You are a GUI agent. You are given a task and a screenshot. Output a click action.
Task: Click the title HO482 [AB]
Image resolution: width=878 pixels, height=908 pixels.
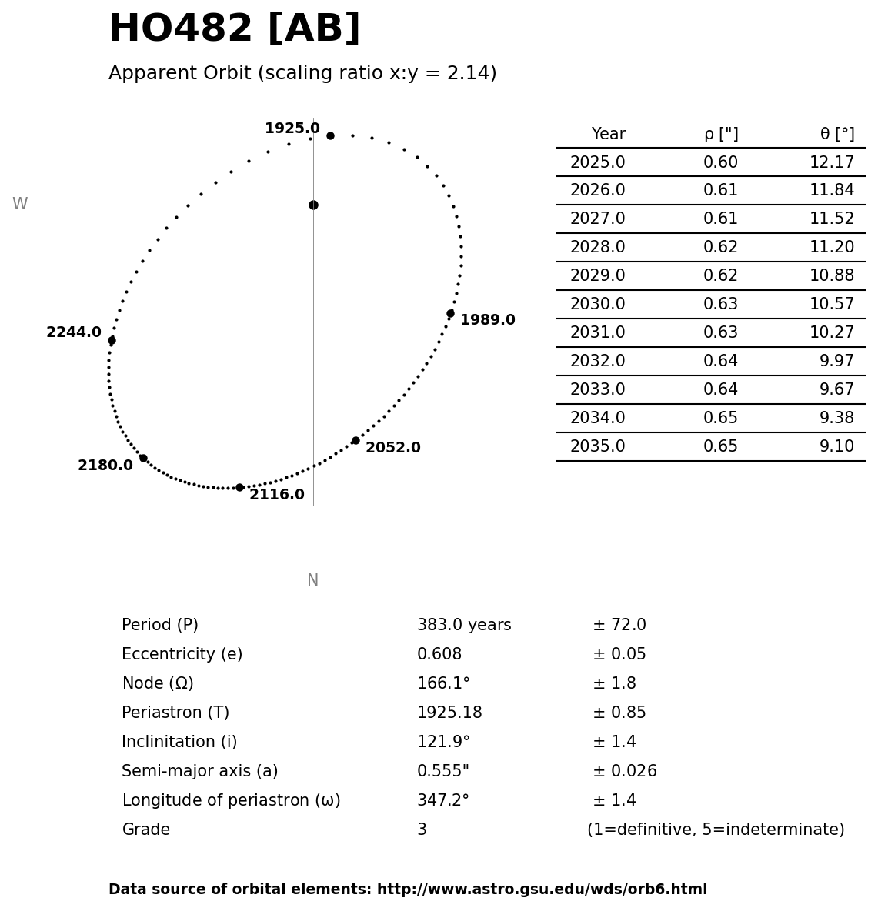pos(235,30)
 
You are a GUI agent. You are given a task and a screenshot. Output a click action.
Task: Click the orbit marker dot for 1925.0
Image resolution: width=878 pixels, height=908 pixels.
pos(330,135)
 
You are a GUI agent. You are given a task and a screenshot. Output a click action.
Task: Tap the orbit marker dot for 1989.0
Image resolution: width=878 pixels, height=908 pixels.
pos(450,313)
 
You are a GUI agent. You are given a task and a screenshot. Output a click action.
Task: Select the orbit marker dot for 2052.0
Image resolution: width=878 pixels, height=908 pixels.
pos(356,441)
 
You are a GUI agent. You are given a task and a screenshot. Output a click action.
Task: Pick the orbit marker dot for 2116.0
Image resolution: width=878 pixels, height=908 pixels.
pos(239,487)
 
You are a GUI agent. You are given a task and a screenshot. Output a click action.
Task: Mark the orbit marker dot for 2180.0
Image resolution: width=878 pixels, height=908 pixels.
pos(143,458)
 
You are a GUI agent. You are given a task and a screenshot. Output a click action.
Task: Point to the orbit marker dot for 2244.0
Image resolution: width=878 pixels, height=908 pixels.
pos(112,340)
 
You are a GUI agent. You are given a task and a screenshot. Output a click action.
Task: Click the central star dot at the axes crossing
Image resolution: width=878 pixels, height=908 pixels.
pos(313,205)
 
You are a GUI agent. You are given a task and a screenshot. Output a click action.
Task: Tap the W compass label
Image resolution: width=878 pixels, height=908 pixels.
pos(20,205)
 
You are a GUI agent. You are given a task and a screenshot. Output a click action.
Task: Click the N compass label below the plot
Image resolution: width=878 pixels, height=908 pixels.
pos(312,581)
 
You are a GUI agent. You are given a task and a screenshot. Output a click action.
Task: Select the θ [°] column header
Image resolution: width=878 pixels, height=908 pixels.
pos(836,135)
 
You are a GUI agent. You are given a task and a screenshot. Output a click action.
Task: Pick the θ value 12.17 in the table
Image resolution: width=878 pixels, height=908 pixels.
pos(831,163)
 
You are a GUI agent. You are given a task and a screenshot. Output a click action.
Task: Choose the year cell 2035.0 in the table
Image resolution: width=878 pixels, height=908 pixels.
pos(597,447)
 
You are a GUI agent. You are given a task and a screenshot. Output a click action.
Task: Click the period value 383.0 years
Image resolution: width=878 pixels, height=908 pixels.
pos(464,626)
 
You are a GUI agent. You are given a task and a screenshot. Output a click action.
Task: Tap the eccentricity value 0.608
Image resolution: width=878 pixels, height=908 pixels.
pos(439,655)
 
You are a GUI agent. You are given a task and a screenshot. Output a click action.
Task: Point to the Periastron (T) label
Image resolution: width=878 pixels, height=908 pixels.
pos(175,713)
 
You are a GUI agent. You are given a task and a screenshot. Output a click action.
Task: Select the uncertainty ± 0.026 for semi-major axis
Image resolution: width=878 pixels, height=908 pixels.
pos(624,772)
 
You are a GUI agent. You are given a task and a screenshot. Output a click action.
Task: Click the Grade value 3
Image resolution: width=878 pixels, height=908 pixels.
pos(422,830)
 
